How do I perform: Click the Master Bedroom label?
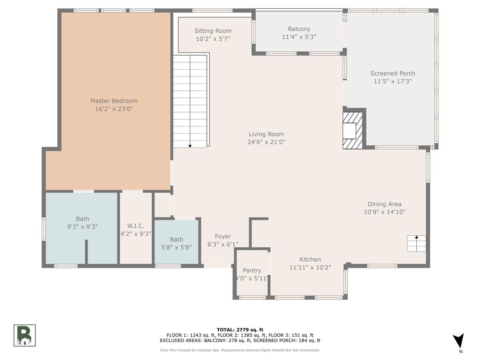(x=114, y=101)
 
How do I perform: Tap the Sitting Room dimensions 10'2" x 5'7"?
(x=213, y=39)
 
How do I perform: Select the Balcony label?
(x=299, y=29)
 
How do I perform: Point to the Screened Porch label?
(x=392, y=74)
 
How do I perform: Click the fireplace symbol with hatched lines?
(x=352, y=130)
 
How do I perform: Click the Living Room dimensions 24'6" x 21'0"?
(x=266, y=142)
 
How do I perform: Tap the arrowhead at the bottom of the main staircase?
(x=190, y=146)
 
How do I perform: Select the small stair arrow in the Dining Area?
(x=416, y=243)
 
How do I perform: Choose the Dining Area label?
(x=384, y=204)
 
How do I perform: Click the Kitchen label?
(x=310, y=260)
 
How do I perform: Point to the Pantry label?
(x=252, y=271)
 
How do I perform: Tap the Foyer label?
(x=223, y=236)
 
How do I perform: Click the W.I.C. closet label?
(x=136, y=226)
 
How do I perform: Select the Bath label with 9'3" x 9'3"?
(x=82, y=219)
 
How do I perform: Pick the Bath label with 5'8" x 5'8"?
(x=176, y=240)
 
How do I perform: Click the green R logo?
(x=24, y=335)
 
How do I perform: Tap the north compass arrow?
(x=459, y=340)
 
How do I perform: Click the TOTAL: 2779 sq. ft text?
(x=240, y=330)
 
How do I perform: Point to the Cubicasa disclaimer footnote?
(x=240, y=350)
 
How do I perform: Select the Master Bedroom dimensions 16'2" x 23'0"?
(x=114, y=109)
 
